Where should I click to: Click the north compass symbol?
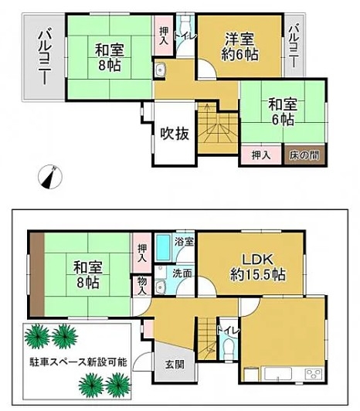point(50,177)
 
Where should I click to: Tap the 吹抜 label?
point(175,134)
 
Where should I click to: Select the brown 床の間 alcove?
point(304,155)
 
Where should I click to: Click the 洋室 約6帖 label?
point(239,47)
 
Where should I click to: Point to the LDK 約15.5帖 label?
point(257,267)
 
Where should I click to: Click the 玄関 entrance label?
point(175,364)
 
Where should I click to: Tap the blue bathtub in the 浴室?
point(163,247)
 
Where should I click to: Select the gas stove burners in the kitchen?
point(313,374)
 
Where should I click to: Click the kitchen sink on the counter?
point(278,373)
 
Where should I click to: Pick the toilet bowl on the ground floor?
point(229,348)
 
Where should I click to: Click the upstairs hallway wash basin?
point(159,70)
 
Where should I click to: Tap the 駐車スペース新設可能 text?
point(78,362)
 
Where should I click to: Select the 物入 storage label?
point(142,285)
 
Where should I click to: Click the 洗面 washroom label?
point(182,273)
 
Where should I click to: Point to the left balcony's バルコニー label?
point(45,58)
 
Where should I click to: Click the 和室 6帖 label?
point(283,111)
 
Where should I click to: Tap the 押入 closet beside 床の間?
point(261,155)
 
